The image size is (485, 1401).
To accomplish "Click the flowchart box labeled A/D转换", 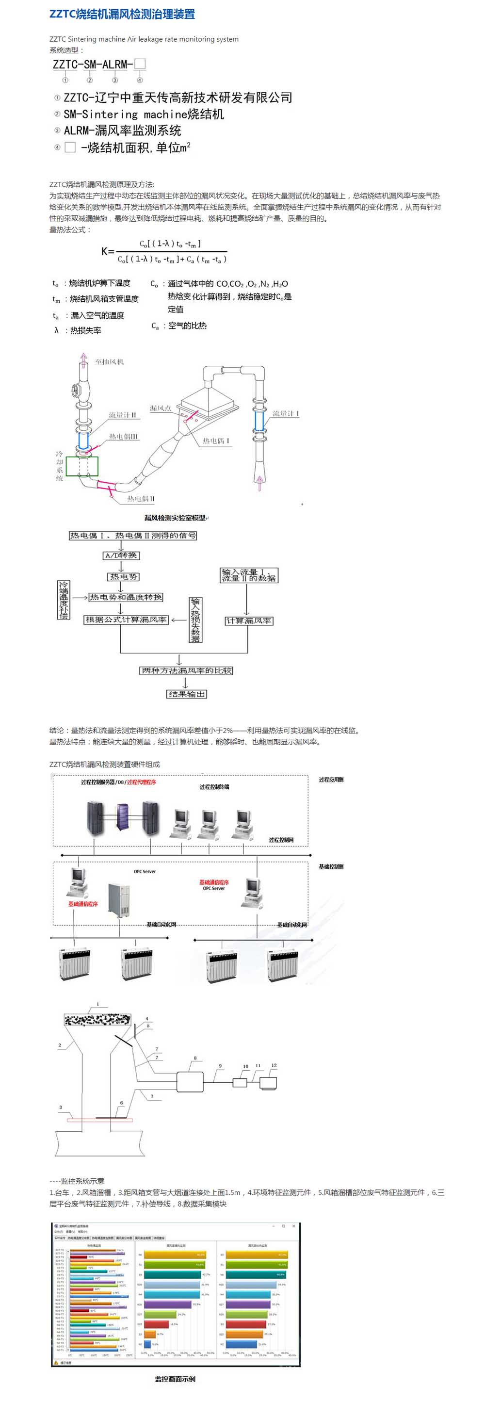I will click(x=121, y=555).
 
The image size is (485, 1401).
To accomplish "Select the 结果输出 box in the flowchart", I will click(x=187, y=694).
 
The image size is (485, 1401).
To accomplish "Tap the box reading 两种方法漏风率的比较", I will click(x=187, y=670).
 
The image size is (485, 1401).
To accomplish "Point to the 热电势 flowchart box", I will click(x=124, y=576).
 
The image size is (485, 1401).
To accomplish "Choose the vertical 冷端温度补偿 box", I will click(x=64, y=600).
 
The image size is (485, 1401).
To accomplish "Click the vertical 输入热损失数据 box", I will click(x=195, y=619).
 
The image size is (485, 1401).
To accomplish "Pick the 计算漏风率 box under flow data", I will click(x=249, y=620).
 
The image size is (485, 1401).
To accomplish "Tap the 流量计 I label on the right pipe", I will click(x=286, y=413).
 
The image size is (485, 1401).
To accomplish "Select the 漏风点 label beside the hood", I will click(x=161, y=408).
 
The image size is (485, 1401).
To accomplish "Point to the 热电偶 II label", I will click(x=140, y=498).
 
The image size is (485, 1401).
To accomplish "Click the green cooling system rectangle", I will click(x=82, y=467).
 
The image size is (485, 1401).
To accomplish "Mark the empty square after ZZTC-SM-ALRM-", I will click(x=140, y=64).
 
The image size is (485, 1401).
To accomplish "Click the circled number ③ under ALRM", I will click(x=115, y=80).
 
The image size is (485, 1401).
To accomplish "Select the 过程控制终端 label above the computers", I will click(x=214, y=787).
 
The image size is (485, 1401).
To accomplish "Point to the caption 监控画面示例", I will click(x=175, y=1379).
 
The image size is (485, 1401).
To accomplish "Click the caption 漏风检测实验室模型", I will click(x=175, y=518).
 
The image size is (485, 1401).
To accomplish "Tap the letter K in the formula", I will click(x=105, y=251).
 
